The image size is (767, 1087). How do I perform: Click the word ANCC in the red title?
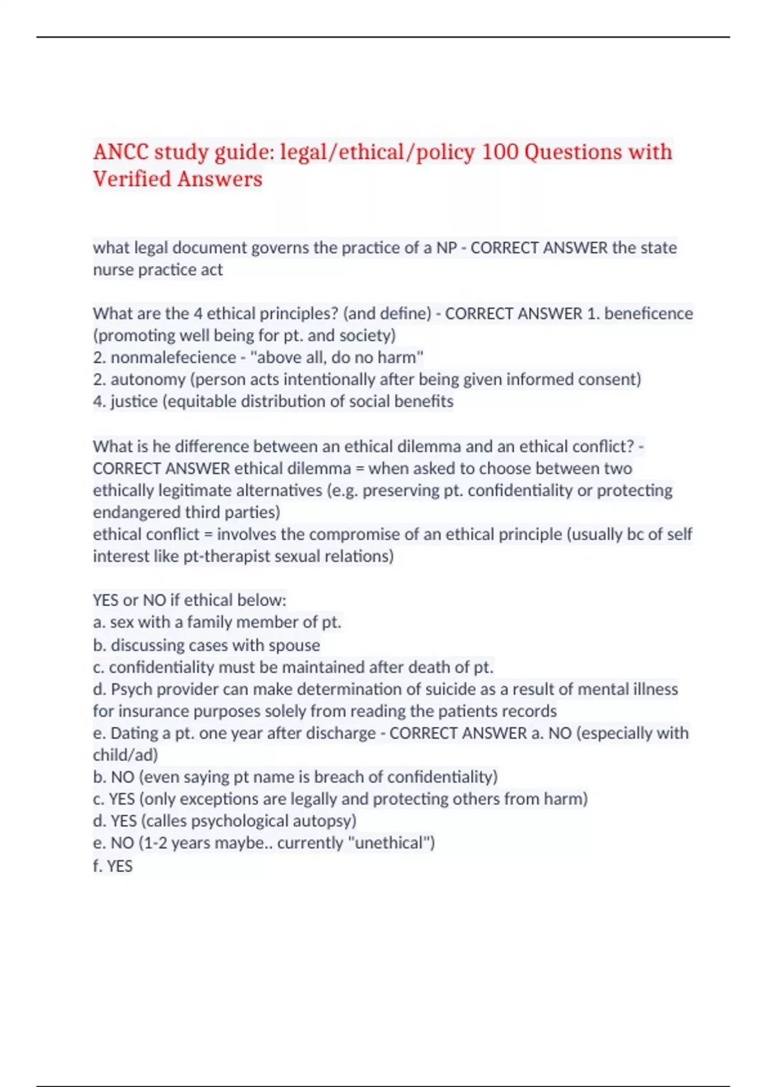tap(120, 152)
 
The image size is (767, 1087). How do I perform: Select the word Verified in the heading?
tap(132, 179)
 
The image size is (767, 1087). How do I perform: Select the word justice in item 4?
tap(134, 402)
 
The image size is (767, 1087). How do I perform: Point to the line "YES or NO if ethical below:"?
tap(189, 600)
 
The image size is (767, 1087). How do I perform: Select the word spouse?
tap(294, 645)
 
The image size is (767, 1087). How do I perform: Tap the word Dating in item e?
tap(135, 733)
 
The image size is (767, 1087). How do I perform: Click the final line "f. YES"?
tap(112, 866)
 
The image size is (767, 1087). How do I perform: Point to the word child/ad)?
tap(125, 755)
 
